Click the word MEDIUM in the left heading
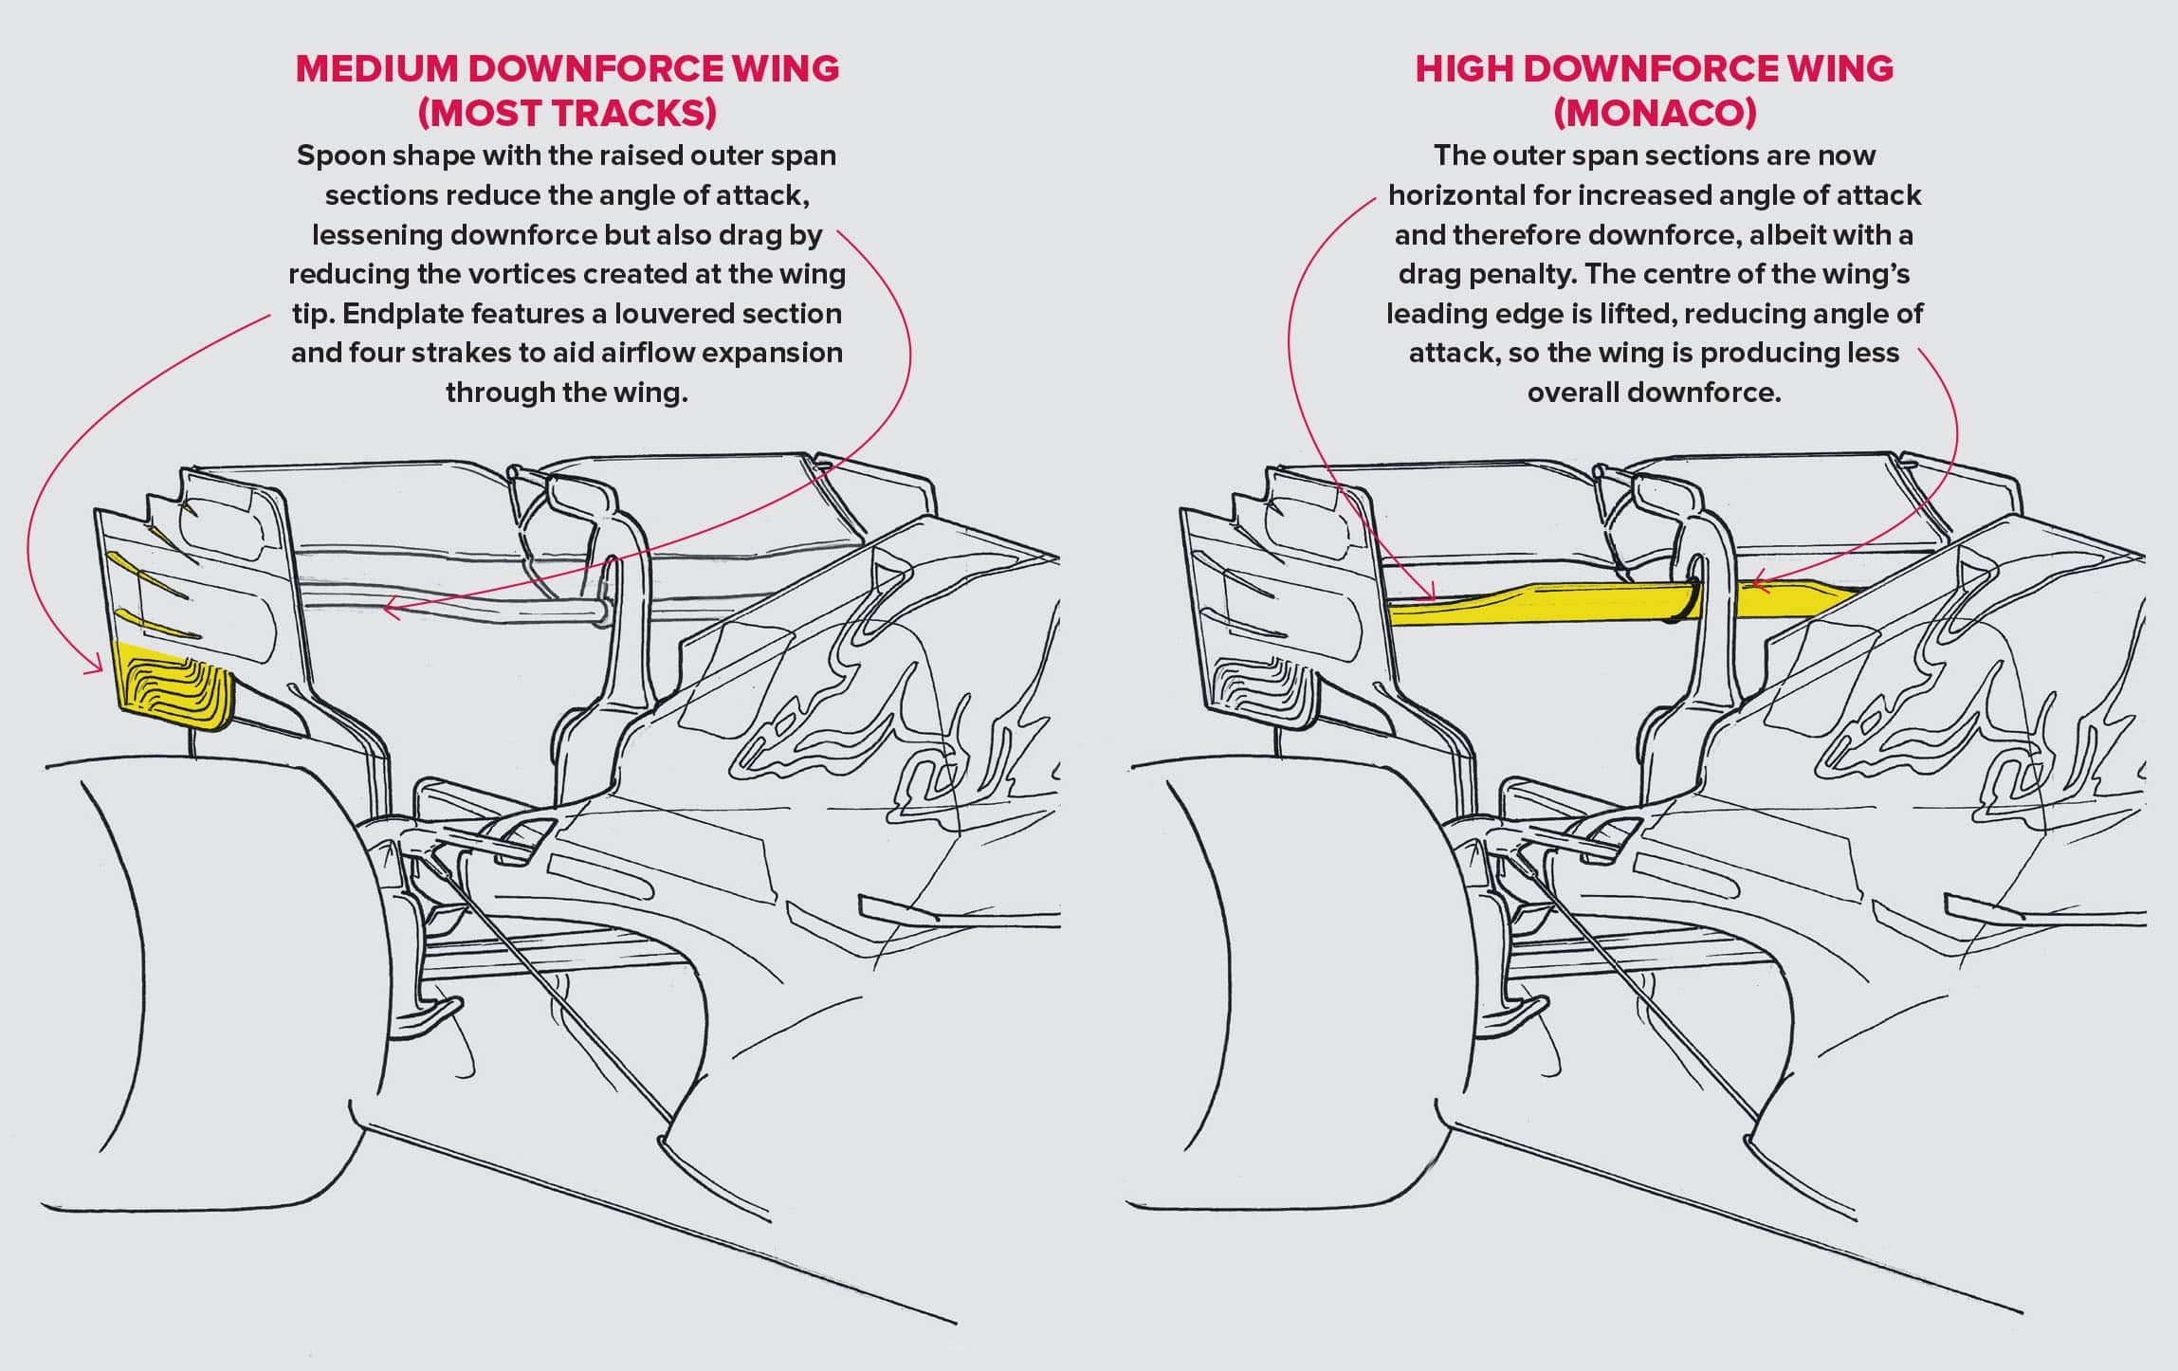click(x=375, y=69)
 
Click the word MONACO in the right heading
click(x=1655, y=114)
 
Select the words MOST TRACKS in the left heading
click(x=567, y=114)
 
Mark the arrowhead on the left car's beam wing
click(x=388, y=612)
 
